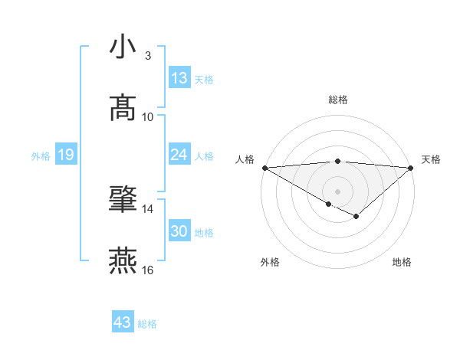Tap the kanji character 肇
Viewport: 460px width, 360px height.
click(x=123, y=199)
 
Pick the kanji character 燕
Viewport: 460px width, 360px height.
click(x=123, y=260)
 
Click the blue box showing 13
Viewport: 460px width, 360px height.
click(x=179, y=78)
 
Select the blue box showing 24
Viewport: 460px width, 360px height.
click(x=179, y=155)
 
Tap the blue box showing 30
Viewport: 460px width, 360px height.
click(x=179, y=231)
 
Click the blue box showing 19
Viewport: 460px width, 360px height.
click(x=65, y=155)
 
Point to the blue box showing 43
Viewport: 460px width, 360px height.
click(x=123, y=322)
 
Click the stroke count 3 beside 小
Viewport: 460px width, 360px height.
click(x=148, y=56)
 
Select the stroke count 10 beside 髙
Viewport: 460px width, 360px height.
click(x=148, y=117)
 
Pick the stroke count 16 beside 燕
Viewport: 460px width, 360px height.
click(x=148, y=270)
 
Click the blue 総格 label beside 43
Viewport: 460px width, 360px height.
click(x=147, y=324)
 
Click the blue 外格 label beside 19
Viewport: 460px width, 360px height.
click(x=41, y=156)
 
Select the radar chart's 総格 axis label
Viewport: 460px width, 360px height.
click(x=338, y=100)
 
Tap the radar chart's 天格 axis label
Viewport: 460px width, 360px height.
click(x=431, y=159)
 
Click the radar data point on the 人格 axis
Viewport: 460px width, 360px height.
click(x=264, y=168)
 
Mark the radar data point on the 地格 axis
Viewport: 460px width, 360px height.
click(x=356, y=217)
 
